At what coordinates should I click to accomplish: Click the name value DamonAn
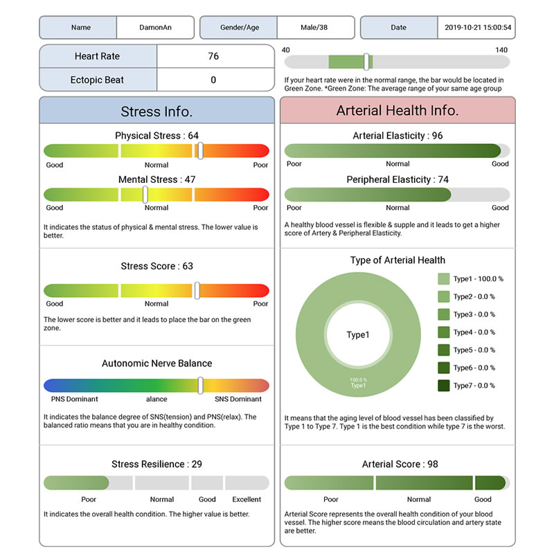click(155, 28)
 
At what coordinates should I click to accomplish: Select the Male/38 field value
click(315, 28)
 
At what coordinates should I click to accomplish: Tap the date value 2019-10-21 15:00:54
click(477, 28)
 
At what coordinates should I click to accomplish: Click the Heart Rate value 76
click(213, 56)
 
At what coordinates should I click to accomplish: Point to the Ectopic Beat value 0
click(213, 80)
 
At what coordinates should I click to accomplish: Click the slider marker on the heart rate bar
click(366, 62)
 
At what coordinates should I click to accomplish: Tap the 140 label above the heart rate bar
click(501, 50)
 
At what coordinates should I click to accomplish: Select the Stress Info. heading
click(157, 111)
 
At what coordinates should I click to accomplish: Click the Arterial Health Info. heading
click(397, 111)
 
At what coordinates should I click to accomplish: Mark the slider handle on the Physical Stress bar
click(199, 150)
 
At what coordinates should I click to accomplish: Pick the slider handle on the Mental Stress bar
click(145, 195)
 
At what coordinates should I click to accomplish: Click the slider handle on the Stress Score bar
click(197, 290)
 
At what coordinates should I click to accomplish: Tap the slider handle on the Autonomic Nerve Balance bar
click(200, 385)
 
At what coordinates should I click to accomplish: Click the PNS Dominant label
click(75, 399)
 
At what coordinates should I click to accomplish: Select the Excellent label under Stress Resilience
click(247, 499)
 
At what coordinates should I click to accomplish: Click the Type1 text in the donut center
click(358, 335)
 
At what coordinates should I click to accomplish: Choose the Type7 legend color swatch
click(444, 386)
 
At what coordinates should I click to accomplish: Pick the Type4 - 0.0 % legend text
click(474, 332)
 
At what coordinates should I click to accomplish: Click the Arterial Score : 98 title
click(400, 464)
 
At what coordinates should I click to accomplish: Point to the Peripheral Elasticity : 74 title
click(397, 179)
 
